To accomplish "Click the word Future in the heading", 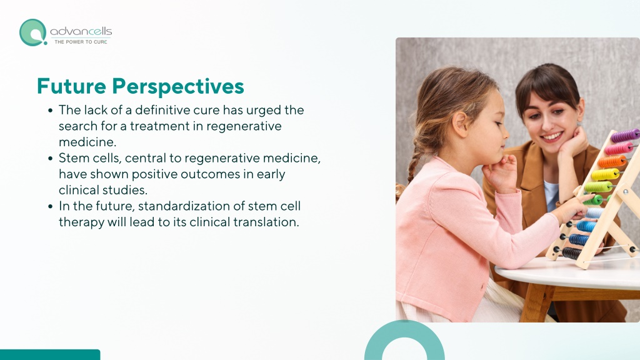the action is tap(71, 86).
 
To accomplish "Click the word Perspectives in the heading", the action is tap(178, 87).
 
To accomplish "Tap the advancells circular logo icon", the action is tap(33, 32).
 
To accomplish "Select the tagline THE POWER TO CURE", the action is tap(81, 42).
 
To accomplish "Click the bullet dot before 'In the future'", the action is tap(50, 206).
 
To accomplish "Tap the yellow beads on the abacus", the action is tap(605, 174).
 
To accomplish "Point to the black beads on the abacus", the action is tap(571, 253).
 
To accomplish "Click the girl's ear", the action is tap(461, 124).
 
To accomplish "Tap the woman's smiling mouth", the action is tap(552, 136).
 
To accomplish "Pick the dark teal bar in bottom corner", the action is tap(50, 355).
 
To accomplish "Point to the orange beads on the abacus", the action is tap(611, 161).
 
